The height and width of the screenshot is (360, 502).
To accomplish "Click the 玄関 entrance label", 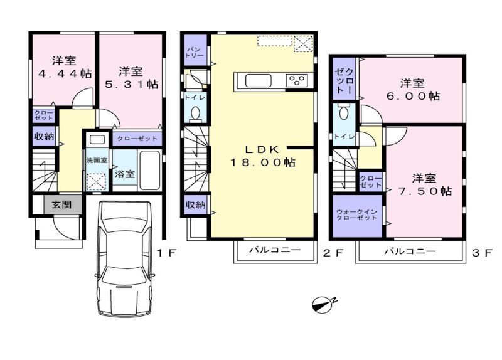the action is click(61, 204).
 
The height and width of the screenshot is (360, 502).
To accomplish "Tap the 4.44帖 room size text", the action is click(65, 73).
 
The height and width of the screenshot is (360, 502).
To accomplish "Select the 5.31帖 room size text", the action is click(132, 84).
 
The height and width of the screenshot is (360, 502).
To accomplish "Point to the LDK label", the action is click(262, 149).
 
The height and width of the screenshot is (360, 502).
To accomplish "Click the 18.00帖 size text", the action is click(262, 162).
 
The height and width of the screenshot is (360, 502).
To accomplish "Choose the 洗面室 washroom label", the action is click(97, 160).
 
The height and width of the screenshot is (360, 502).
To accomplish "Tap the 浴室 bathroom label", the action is click(125, 174).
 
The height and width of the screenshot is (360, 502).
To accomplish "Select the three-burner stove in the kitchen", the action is click(297, 80).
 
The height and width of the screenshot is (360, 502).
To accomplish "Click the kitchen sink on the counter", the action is click(258, 81).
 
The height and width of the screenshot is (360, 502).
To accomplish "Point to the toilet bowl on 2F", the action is click(195, 113).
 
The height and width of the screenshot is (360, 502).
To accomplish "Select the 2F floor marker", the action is click(333, 253).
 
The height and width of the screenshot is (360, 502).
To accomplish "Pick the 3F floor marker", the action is click(482, 253).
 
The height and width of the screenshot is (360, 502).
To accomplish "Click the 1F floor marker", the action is click(166, 253).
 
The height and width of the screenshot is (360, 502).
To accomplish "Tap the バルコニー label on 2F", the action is click(275, 249).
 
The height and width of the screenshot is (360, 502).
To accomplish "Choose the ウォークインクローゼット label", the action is click(356, 214).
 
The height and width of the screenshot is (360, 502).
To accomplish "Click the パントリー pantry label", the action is click(195, 53).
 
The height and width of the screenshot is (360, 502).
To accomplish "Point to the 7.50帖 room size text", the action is click(425, 191).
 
